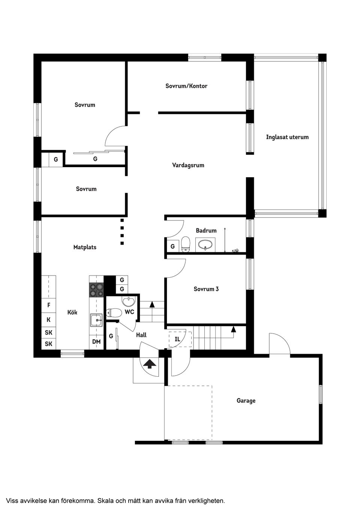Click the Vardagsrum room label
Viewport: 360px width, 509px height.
tap(188, 165)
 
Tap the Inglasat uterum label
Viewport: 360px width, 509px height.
tap(287, 137)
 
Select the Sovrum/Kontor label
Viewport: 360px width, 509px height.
tap(186, 86)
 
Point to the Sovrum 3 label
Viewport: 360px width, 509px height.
tap(206, 289)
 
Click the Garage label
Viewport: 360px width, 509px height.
tap(246, 401)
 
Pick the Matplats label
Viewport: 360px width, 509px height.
tap(85, 247)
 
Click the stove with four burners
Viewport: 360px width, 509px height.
tap(96, 289)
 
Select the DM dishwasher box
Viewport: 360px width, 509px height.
tap(96, 342)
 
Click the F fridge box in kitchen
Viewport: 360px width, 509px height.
tap(48, 305)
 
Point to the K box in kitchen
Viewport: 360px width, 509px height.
tap(48, 320)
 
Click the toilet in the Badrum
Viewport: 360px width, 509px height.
tap(185, 245)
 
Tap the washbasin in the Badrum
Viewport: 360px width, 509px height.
tap(205, 246)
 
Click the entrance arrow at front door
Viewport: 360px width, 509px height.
tap(150, 363)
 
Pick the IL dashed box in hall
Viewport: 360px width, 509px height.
tap(178, 339)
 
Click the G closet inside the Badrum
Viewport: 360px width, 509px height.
tap(172, 247)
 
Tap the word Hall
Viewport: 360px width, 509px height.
tap(141, 335)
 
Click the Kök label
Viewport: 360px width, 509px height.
tap(72, 312)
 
